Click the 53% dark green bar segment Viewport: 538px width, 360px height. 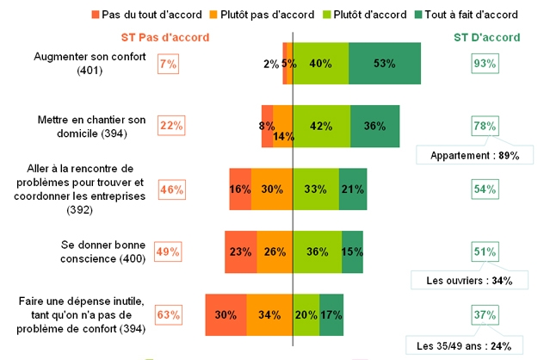click(x=385, y=64)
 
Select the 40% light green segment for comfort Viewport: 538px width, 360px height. click(x=321, y=64)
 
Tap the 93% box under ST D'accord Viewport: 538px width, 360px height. click(x=485, y=63)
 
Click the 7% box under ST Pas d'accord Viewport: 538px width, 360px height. click(x=168, y=63)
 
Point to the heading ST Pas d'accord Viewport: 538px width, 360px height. click(x=165, y=38)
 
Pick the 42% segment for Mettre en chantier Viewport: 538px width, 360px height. click(x=321, y=126)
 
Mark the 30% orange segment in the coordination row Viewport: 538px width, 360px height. click(x=272, y=189)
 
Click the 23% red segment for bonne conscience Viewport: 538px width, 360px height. click(x=240, y=251)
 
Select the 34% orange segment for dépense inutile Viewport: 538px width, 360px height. click(x=270, y=314)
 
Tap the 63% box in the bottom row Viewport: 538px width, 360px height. click(x=169, y=314)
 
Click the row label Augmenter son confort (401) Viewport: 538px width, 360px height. click(x=90, y=64)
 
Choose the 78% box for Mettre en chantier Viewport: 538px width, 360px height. click(x=485, y=126)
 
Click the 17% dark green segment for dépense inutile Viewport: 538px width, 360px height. click(x=331, y=314)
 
